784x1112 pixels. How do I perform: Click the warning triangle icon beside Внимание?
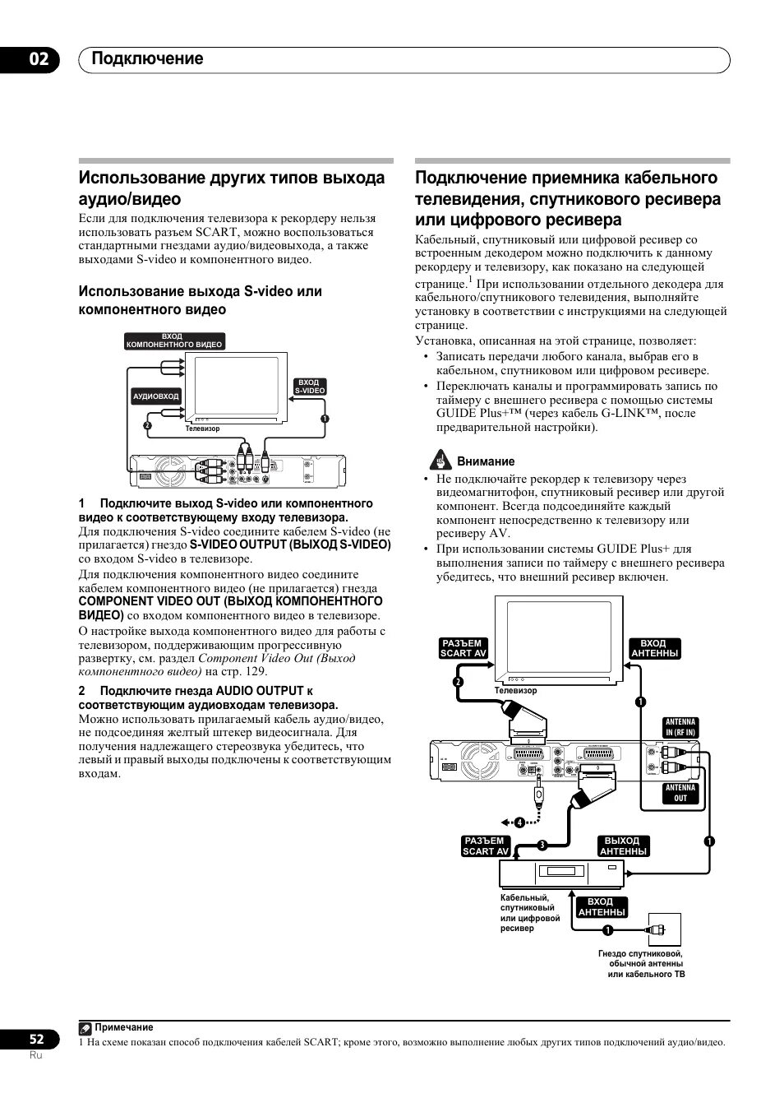pyautogui.click(x=442, y=461)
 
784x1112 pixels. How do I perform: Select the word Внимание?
pyautogui.click(x=486, y=461)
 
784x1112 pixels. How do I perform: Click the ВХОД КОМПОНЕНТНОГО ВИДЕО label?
pyautogui.click(x=174, y=341)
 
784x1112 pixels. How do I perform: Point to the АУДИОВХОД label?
pyautogui.click(x=156, y=396)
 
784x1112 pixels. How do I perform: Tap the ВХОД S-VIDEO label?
pyautogui.click(x=309, y=387)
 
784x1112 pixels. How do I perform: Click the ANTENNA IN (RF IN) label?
pyautogui.click(x=680, y=727)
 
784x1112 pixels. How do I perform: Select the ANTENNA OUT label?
pyautogui.click(x=680, y=793)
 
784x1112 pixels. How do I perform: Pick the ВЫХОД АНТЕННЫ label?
pyautogui.click(x=622, y=846)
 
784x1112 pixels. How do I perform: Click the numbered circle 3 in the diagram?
pyautogui.click(x=542, y=846)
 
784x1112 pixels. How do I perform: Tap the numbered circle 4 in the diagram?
pyautogui.click(x=519, y=822)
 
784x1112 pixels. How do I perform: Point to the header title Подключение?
pyautogui.click(x=147, y=59)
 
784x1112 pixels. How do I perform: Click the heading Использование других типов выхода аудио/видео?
pyautogui.click(x=232, y=188)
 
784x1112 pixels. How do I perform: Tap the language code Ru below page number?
pyautogui.click(x=35, y=1055)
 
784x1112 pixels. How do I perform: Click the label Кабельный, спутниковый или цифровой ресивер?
pyautogui.click(x=530, y=913)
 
